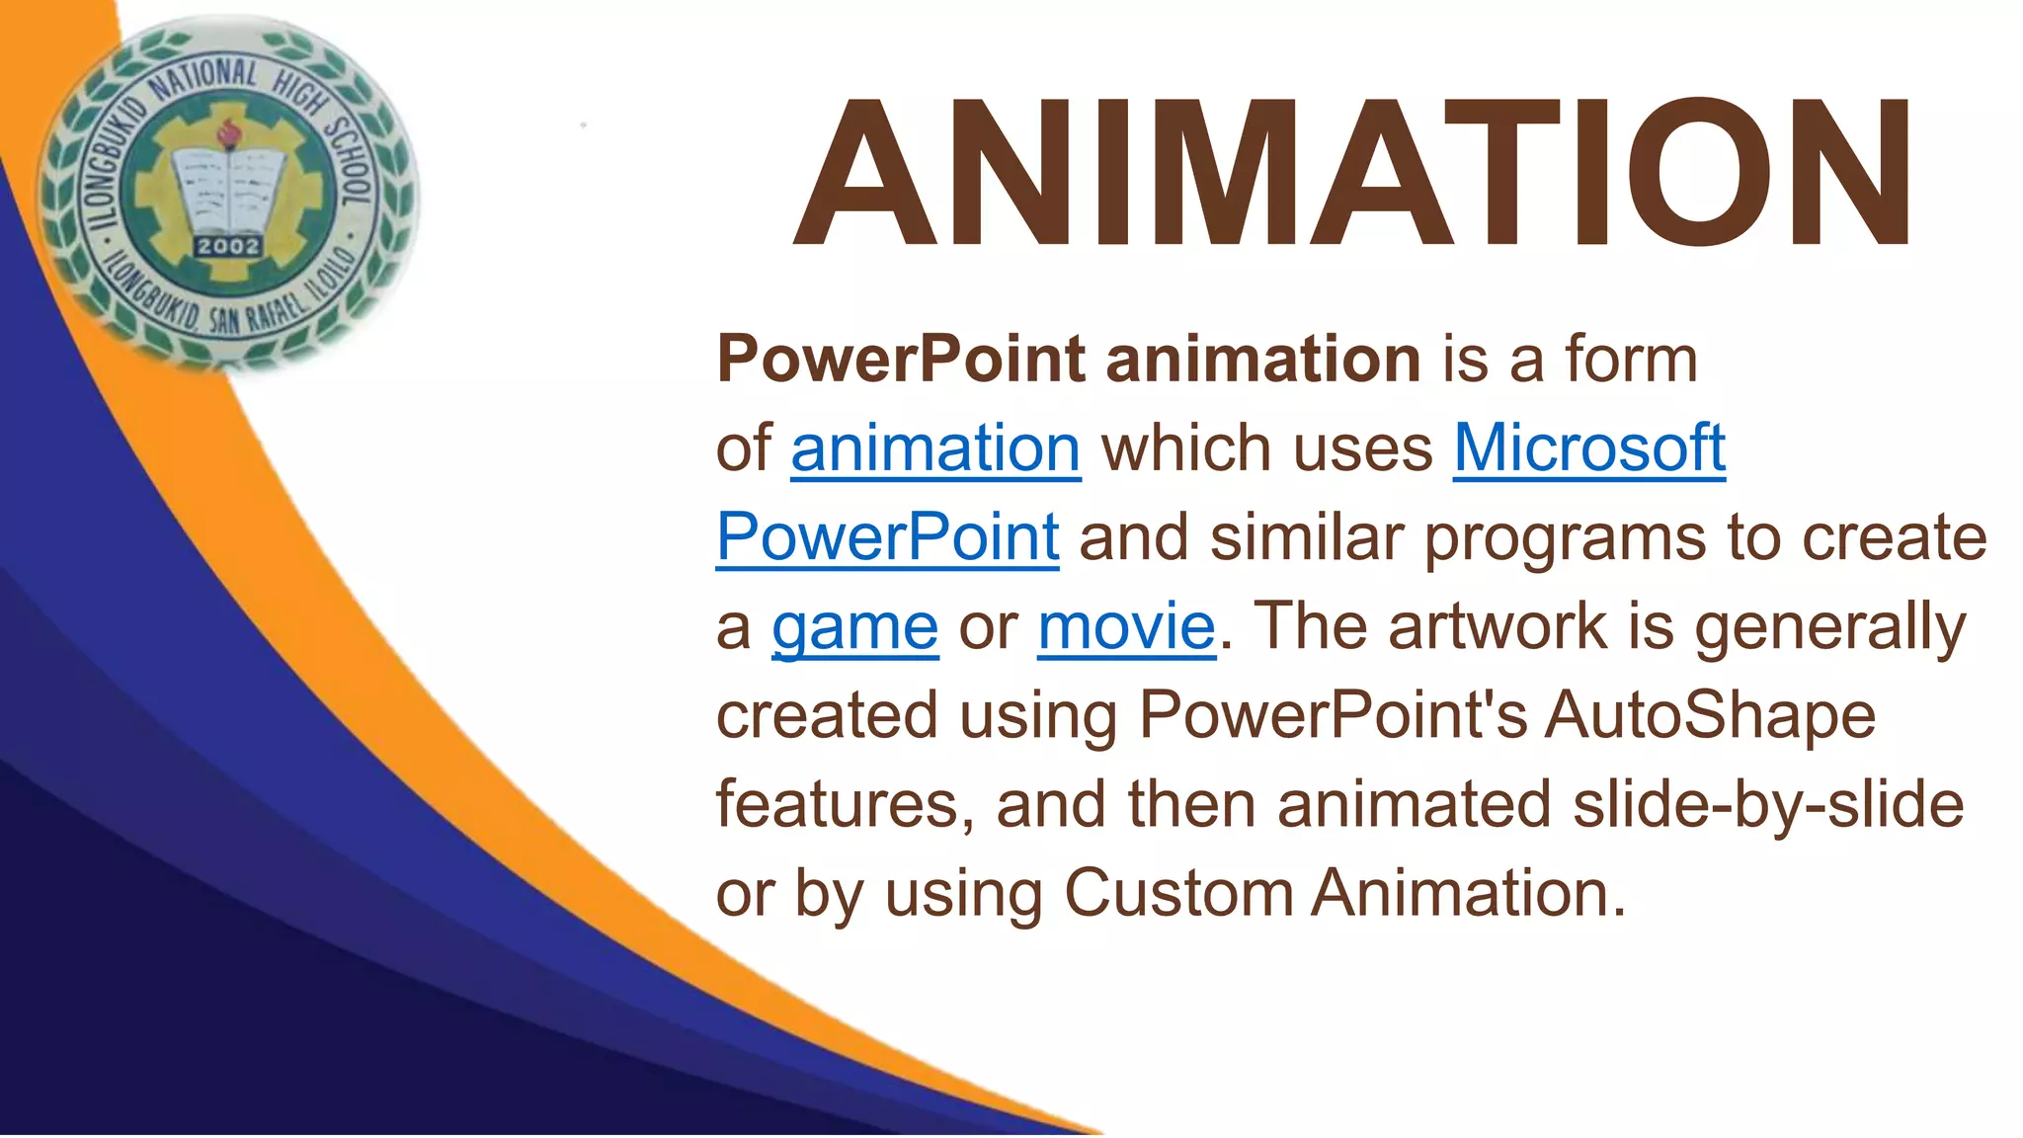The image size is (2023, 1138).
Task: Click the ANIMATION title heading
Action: tap(1353, 174)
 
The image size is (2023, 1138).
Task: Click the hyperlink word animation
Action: tap(935, 448)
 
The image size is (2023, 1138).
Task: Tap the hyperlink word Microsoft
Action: tap(1588, 448)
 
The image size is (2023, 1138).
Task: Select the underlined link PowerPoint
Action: tap(887, 537)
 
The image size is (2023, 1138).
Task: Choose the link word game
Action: tap(854, 627)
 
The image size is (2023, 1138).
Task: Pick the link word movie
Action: tap(1126, 627)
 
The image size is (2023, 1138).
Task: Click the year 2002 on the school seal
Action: tap(228, 246)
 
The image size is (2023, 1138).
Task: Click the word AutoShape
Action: tap(1709, 715)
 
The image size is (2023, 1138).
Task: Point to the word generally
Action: tap(1829, 627)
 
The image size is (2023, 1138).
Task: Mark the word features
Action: tap(845, 804)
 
